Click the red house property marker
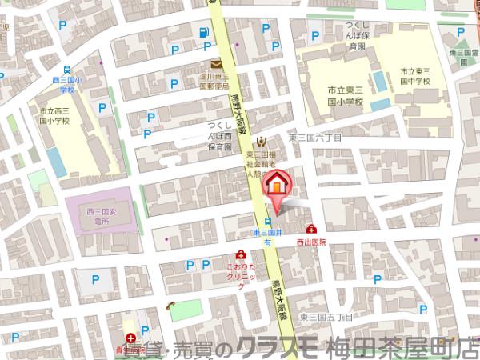pos(274,184)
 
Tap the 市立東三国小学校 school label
pos(344,94)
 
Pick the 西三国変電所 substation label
pos(98,216)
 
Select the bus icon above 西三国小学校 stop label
pos(68,70)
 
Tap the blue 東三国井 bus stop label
pos(266,232)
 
